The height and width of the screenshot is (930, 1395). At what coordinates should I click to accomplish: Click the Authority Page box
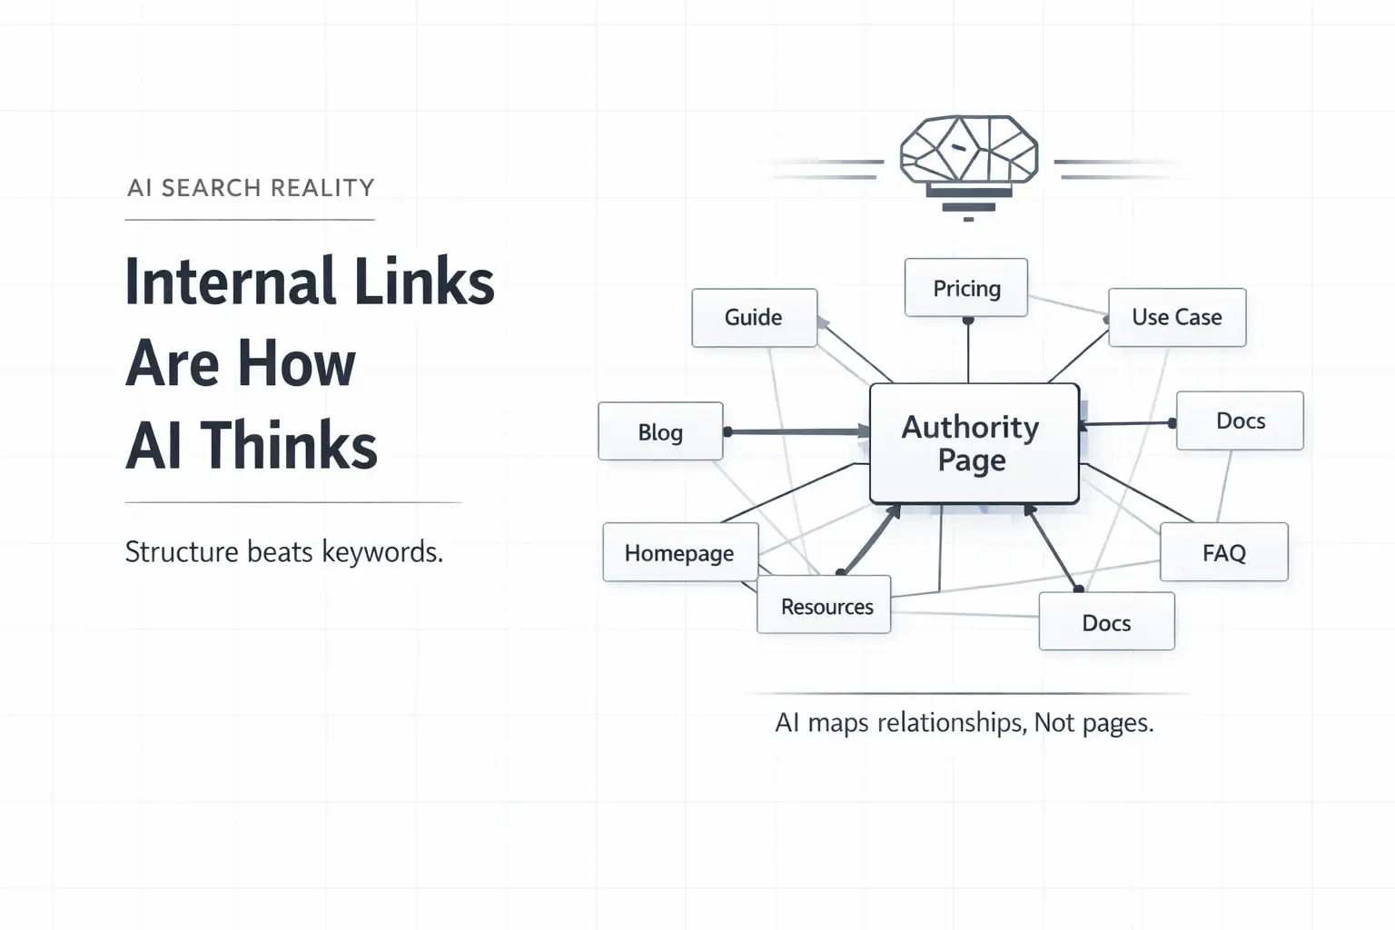974,443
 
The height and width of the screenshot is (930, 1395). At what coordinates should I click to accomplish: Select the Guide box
754,317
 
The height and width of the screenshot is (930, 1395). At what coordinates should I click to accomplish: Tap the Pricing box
966,288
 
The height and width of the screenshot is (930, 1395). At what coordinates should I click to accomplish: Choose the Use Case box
1177,317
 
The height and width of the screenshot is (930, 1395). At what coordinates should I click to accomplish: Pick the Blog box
660,431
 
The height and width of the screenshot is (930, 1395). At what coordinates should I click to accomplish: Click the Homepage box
679,552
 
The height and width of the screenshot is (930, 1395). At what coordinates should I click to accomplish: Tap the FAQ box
1223,552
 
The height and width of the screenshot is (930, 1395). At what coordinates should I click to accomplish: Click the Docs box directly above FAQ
1240,420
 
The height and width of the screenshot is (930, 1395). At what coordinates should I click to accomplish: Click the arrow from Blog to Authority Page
796,431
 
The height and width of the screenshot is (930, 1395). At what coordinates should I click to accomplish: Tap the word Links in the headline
424,282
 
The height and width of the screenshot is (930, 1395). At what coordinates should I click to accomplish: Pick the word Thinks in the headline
289,446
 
